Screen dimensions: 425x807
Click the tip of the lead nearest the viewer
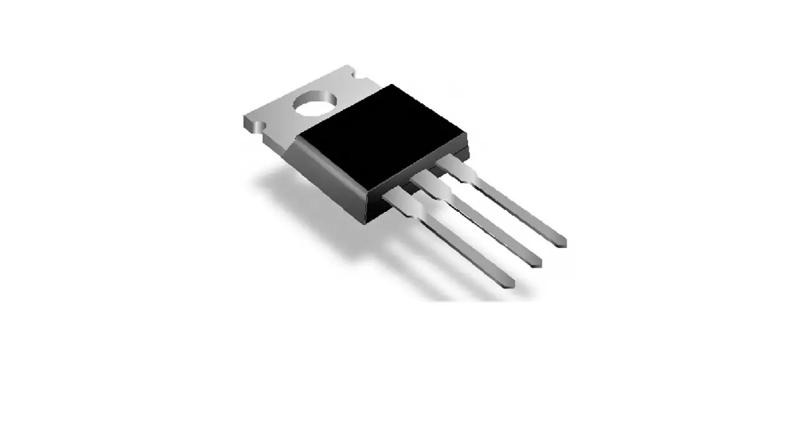point(510,284)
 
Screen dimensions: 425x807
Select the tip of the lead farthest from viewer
point(562,242)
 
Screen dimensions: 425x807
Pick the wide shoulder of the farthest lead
point(456,168)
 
